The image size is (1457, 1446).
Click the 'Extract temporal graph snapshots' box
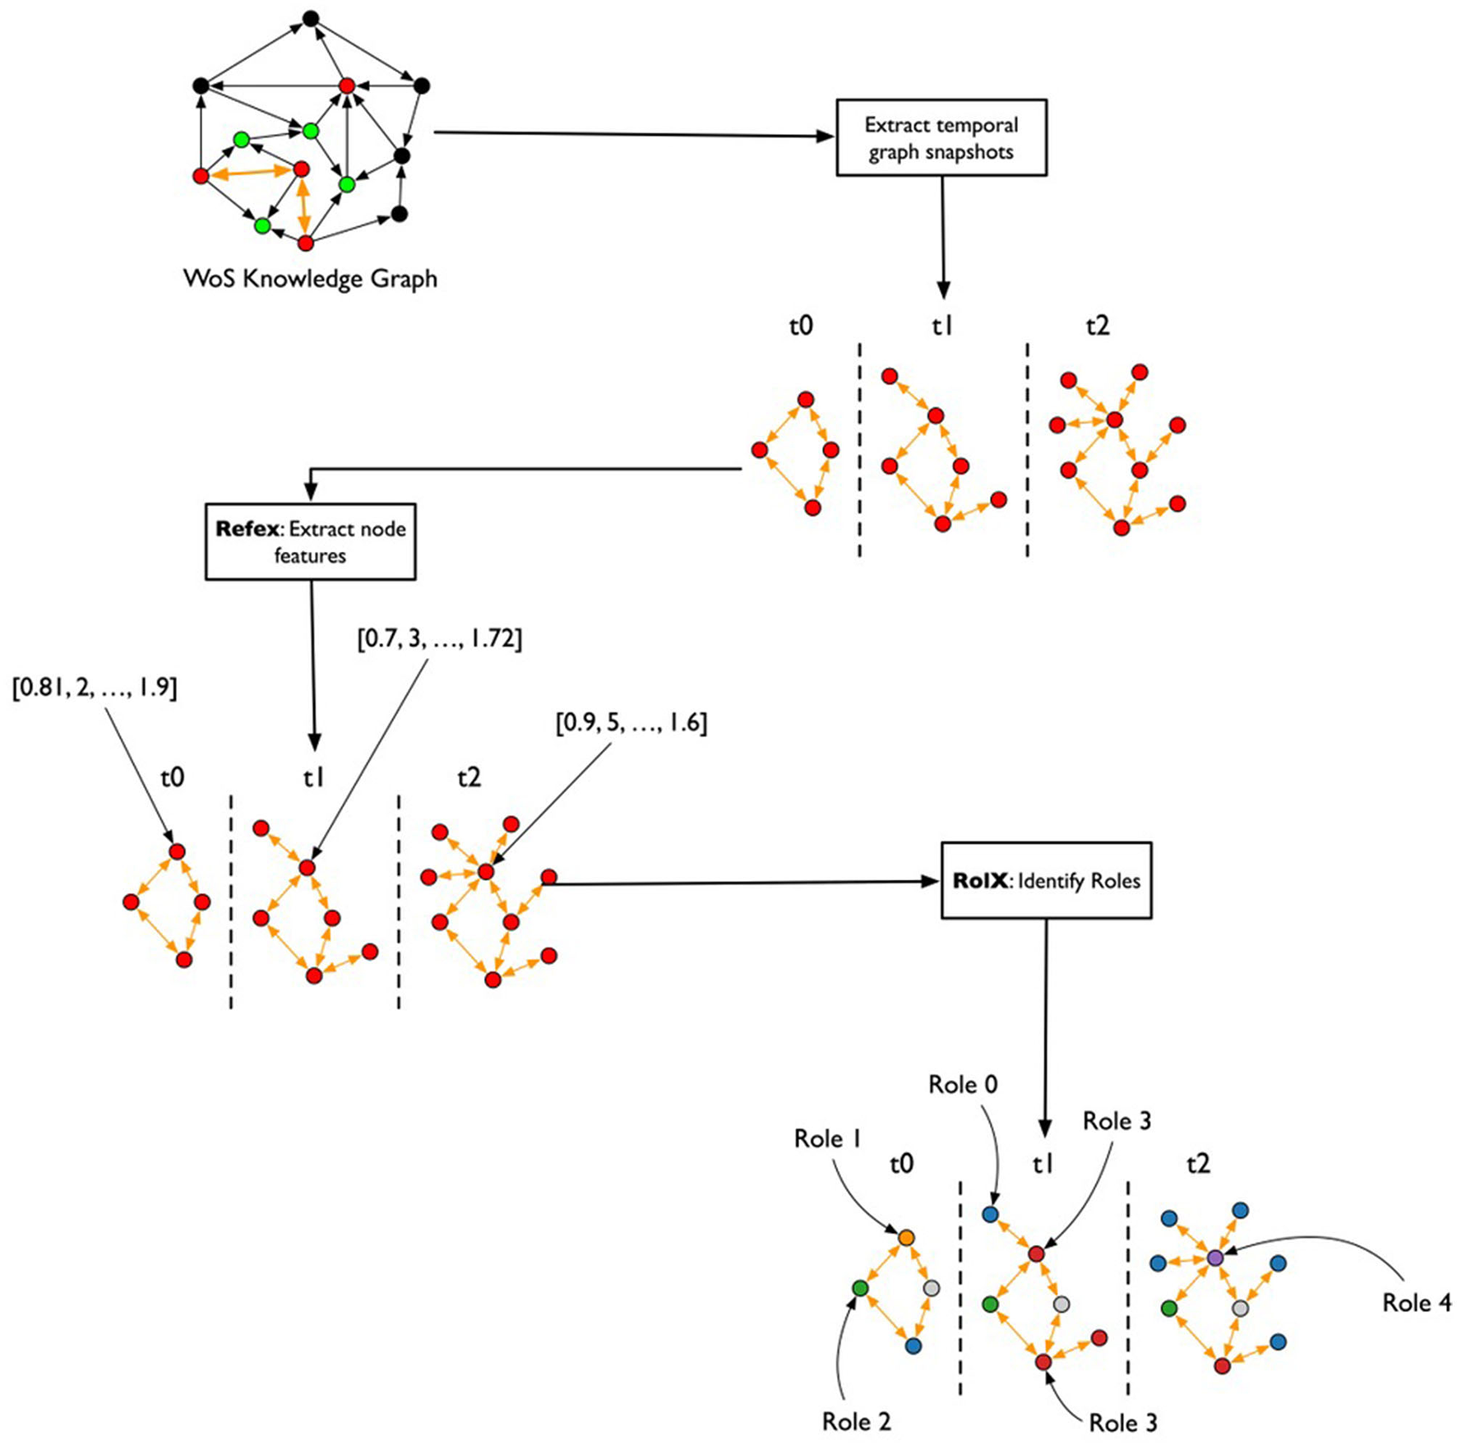coord(941,138)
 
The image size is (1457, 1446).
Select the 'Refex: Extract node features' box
coord(310,542)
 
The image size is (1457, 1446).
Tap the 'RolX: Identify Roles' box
coord(1046,881)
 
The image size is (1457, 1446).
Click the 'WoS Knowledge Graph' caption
coord(310,279)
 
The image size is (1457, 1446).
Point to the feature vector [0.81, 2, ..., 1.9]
coord(95,688)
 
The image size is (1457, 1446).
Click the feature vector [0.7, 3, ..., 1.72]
coord(439,638)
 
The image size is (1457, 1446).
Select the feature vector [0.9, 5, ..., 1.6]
coord(631,723)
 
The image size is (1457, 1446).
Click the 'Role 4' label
coord(1416,1303)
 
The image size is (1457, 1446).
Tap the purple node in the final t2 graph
coord(1215,1258)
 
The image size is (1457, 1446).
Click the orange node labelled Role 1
coord(906,1237)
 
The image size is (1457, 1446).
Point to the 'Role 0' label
coord(963,1085)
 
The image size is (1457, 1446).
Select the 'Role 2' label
coord(856,1421)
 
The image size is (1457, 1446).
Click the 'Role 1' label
coord(827,1138)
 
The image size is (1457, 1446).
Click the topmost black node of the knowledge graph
coord(310,17)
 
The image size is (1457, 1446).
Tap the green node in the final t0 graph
coord(860,1288)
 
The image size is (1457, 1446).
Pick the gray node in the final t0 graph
coord(931,1288)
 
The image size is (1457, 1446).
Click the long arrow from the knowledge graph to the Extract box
coord(633,134)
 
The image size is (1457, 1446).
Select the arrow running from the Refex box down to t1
coord(312,658)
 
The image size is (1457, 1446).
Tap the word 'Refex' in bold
coord(247,529)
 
